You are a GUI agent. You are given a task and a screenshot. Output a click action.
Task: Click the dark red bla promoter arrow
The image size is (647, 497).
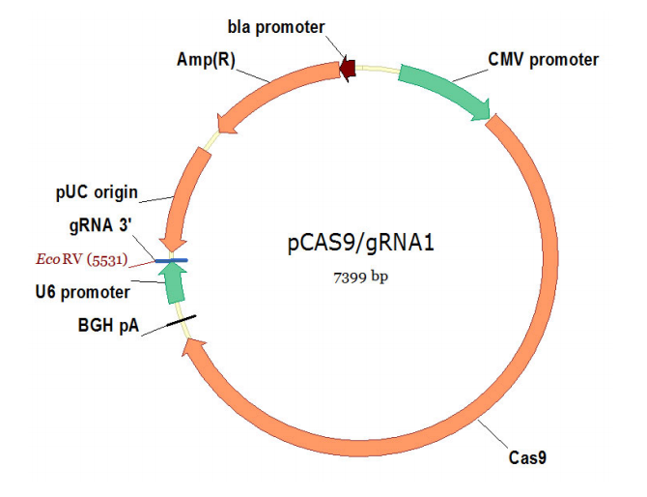pos(348,70)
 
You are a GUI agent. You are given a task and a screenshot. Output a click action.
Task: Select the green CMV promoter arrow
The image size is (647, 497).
pos(445,89)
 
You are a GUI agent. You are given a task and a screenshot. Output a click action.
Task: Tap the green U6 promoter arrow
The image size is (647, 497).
pos(173,284)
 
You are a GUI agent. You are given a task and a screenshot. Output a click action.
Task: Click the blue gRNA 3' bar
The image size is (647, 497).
pos(172,260)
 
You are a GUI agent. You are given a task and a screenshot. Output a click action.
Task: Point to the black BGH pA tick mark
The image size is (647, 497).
pos(181,321)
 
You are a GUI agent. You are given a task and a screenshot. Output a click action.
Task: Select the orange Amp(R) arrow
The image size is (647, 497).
pos(272,91)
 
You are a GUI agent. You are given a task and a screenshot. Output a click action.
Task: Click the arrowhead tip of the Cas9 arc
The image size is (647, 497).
pos(183,355)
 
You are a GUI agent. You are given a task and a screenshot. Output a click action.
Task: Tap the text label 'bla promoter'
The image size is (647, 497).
pos(276,27)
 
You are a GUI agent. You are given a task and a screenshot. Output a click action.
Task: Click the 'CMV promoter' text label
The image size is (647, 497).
pos(543,60)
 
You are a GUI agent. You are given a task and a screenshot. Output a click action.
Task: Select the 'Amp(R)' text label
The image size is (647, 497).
pos(206,60)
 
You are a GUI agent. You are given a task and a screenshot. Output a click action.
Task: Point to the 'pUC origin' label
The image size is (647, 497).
pos(97,192)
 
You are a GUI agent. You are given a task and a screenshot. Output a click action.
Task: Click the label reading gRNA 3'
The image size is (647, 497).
pos(100,225)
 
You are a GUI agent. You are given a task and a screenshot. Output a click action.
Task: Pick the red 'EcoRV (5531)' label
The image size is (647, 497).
pos(81,259)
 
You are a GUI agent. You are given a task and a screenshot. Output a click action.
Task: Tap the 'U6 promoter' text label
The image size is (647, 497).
pos(82,293)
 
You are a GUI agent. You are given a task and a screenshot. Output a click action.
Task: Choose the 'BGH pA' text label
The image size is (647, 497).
pos(108,326)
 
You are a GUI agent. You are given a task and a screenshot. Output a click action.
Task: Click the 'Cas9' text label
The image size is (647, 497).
pos(527,457)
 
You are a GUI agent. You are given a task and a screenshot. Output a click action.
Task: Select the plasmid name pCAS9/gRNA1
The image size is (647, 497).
pos(361,243)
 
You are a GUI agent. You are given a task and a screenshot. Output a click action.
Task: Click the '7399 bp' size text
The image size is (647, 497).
pos(360,278)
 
